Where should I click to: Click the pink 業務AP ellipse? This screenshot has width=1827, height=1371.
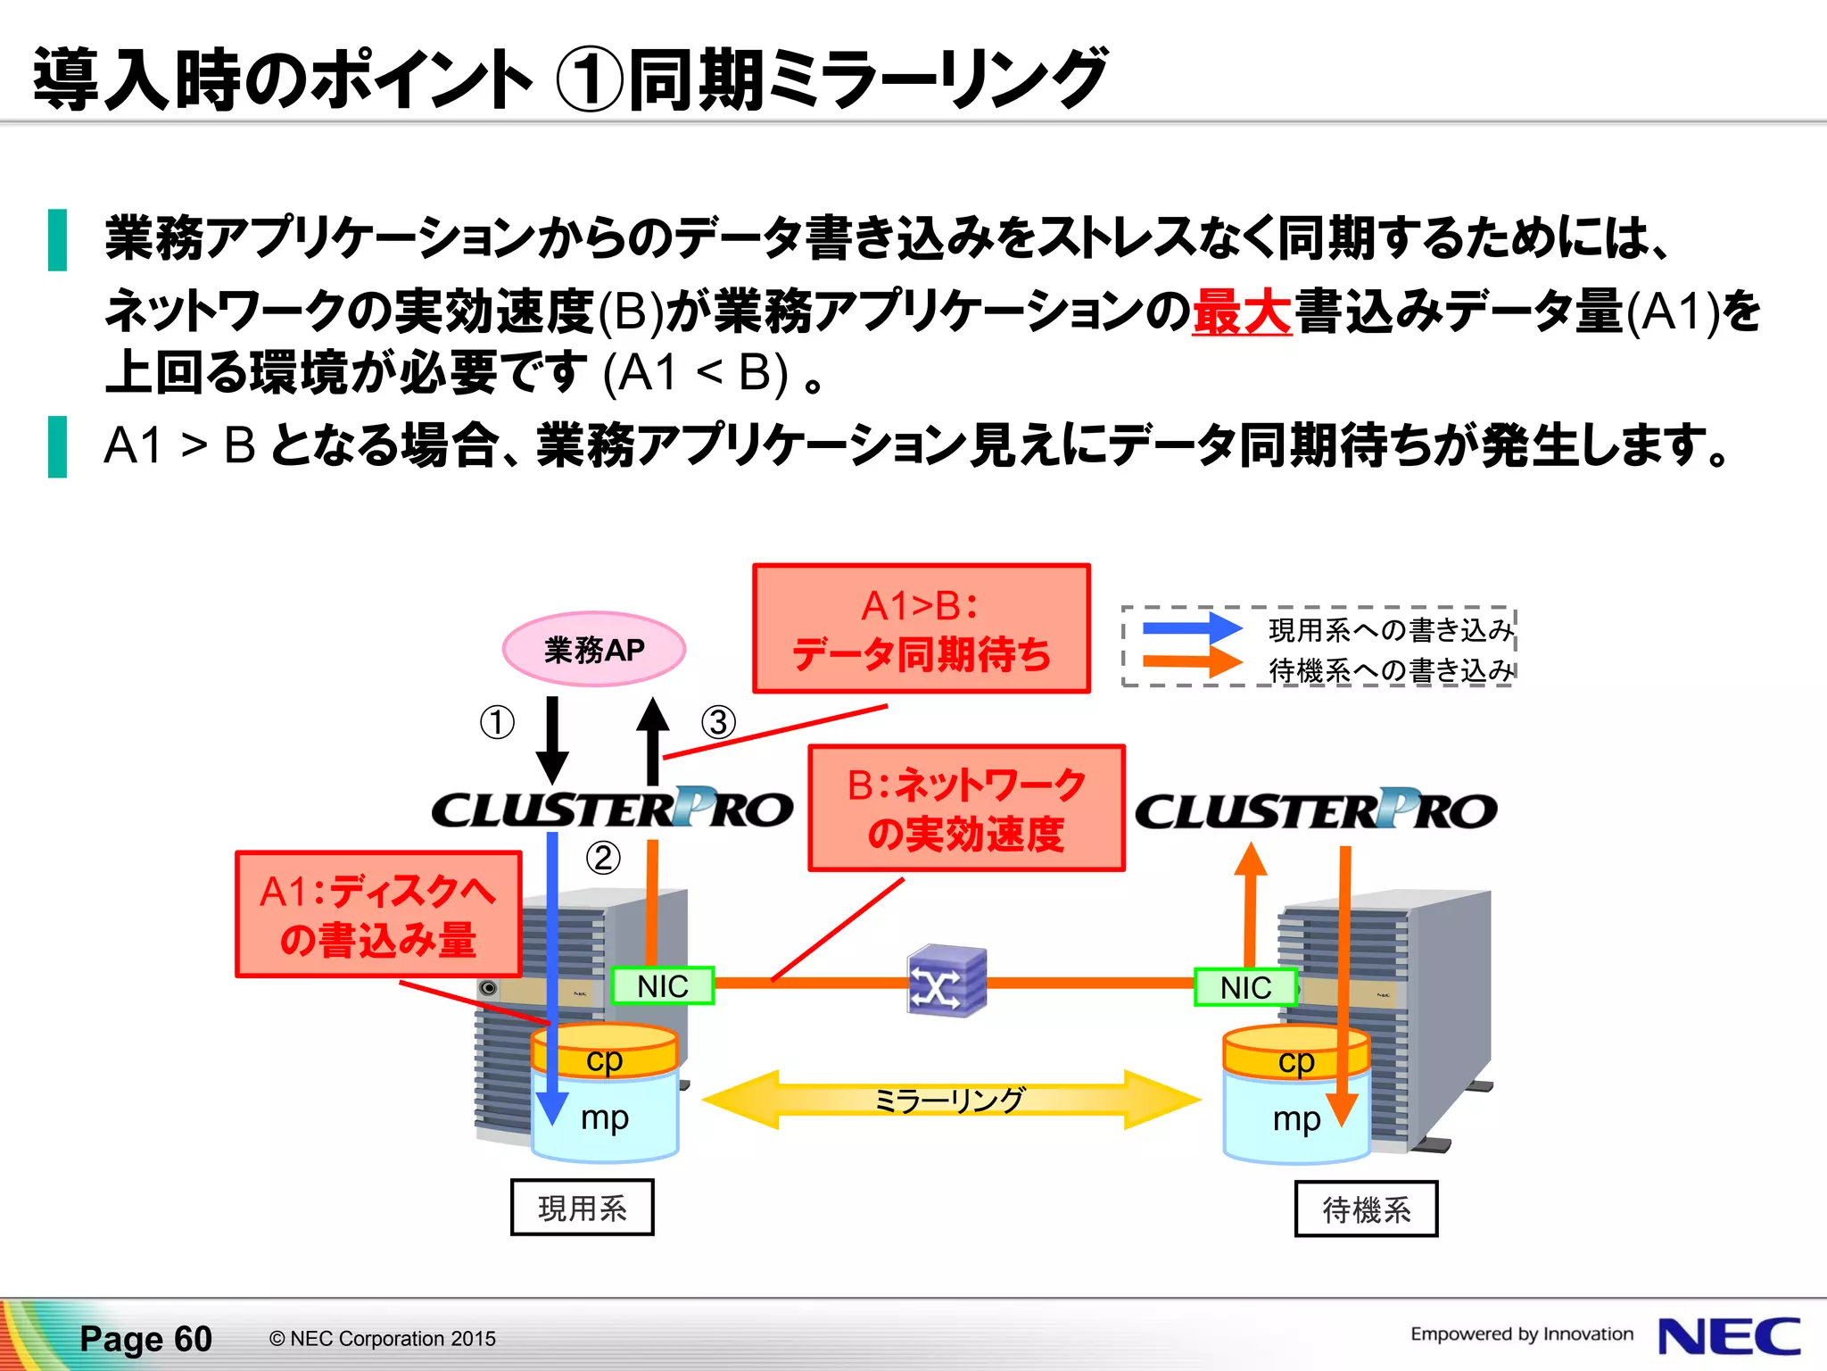[x=593, y=649]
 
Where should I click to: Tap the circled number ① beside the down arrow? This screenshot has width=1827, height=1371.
[x=497, y=722]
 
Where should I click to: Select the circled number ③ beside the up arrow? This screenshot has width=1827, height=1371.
[x=718, y=722]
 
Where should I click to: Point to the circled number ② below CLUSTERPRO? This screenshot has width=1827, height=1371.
[x=603, y=858]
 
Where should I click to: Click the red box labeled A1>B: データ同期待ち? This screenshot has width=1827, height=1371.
[x=921, y=628]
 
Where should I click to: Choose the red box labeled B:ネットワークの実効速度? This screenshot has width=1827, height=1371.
[x=966, y=808]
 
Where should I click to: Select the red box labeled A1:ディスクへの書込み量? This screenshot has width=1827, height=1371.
[x=378, y=915]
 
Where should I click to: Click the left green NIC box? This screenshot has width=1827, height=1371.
[x=662, y=986]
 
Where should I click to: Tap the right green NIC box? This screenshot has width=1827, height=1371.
[x=1245, y=988]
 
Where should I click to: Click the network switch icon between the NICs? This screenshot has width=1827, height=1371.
[x=946, y=981]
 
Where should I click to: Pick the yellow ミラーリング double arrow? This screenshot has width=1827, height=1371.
[x=950, y=1100]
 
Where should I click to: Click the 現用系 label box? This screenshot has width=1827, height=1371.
[x=582, y=1208]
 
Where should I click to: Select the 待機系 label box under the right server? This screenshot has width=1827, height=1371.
[x=1366, y=1209]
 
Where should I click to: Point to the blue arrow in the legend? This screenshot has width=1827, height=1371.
[x=1191, y=627]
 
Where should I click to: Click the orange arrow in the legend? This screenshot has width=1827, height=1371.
[x=1191, y=661]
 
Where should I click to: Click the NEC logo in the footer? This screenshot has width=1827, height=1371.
[x=1729, y=1336]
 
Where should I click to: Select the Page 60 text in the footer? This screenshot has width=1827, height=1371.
[x=146, y=1339]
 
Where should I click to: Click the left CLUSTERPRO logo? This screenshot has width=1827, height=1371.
[x=612, y=809]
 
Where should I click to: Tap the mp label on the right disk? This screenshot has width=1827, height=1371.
[x=1295, y=1118]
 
